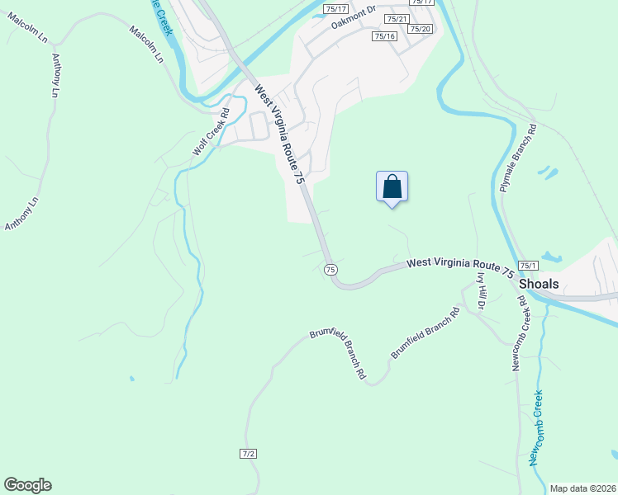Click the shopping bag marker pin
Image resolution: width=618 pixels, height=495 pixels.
[x=392, y=186]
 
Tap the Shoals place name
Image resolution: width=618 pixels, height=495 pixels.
[x=539, y=283]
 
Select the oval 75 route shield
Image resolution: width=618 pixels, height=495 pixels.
[x=330, y=270]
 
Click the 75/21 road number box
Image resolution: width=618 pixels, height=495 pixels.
[x=397, y=18]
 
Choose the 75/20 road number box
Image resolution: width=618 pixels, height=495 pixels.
[x=420, y=29]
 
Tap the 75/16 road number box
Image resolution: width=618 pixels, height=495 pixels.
[x=384, y=36]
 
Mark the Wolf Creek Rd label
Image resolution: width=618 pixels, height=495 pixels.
[x=211, y=131]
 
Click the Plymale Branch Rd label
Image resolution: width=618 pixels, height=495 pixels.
[x=518, y=158]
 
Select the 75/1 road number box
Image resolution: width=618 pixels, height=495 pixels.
[x=529, y=265]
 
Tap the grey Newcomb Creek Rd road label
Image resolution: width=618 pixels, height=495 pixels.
[x=518, y=333]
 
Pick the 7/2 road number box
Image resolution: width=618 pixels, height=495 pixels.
[x=249, y=454]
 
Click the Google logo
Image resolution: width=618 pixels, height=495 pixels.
[x=27, y=485]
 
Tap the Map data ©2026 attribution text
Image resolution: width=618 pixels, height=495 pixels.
[x=582, y=488]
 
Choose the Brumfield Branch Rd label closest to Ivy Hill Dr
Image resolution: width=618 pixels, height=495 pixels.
[x=425, y=334]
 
